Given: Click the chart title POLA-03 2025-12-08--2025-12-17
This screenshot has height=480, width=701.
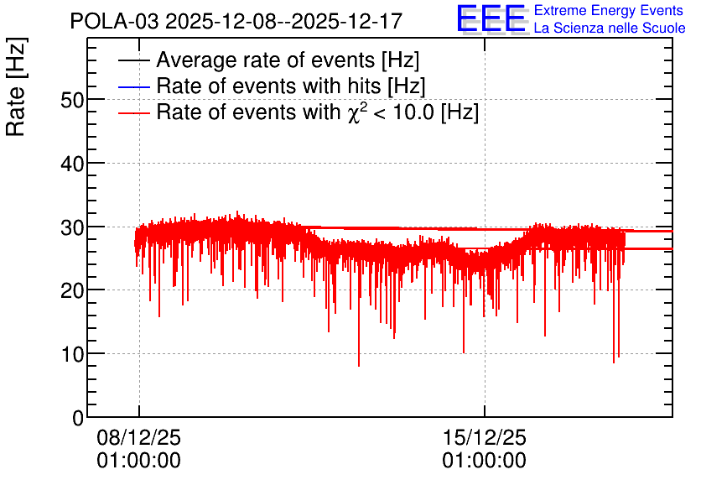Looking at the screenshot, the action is tap(236, 21).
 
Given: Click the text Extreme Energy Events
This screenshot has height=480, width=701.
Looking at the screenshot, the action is tap(609, 10).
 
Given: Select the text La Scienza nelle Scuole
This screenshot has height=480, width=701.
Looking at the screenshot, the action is tap(610, 29).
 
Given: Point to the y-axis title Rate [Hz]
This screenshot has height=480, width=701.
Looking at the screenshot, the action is tap(16, 86).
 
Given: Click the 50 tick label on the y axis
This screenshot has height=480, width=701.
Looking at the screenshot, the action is tap(72, 100).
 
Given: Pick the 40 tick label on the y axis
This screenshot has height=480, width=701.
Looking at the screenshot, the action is tap(72, 164).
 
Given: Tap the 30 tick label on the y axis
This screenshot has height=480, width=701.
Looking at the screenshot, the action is tap(72, 227).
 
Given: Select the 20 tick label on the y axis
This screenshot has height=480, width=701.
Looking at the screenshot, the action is tap(72, 291).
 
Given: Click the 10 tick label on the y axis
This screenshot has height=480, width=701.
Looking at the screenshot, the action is tap(72, 354).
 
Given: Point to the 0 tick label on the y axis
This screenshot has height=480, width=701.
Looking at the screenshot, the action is tap(78, 418).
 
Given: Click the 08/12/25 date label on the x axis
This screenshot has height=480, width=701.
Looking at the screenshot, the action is tap(139, 437).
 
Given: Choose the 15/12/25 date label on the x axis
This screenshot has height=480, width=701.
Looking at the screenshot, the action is tap(485, 437).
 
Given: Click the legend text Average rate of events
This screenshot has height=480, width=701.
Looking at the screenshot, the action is tap(288, 60).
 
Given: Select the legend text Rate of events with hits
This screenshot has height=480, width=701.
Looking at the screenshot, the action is tap(291, 86).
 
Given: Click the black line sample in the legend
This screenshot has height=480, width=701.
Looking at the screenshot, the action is tap(134, 60).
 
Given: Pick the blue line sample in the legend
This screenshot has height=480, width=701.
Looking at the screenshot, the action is tap(134, 86).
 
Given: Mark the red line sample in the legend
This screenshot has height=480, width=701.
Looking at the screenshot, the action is tap(134, 112).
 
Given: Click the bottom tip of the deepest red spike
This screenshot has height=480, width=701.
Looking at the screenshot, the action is tap(359, 367).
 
